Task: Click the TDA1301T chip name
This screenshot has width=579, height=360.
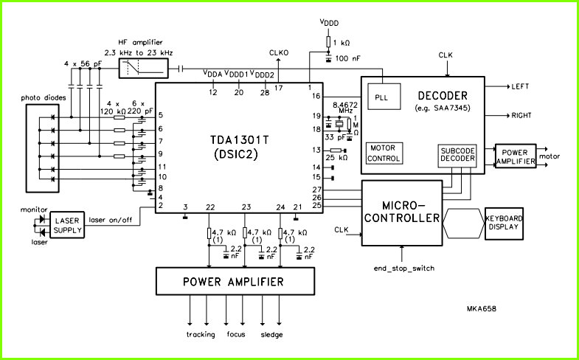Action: point(239,140)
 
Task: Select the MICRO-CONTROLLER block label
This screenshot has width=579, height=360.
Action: point(402,212)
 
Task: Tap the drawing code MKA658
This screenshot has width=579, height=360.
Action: point(481,308)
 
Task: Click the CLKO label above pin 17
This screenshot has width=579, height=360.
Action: point(279,53)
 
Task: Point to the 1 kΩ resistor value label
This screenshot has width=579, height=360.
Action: point(341,43)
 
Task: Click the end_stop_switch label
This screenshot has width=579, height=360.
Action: point(404,269)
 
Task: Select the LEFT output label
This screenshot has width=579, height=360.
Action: point(520,86)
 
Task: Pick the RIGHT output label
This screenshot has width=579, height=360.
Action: point(521,115)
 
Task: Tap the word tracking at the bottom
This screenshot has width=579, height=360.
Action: point(201,335)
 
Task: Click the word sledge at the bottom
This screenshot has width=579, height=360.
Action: point(271,335)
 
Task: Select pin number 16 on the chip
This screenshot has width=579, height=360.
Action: point(316,97)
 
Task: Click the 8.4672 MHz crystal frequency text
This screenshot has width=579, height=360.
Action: point(345,108)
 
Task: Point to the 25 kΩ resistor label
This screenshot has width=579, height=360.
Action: point(337,158)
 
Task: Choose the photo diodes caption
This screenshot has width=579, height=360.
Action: point(44,98)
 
